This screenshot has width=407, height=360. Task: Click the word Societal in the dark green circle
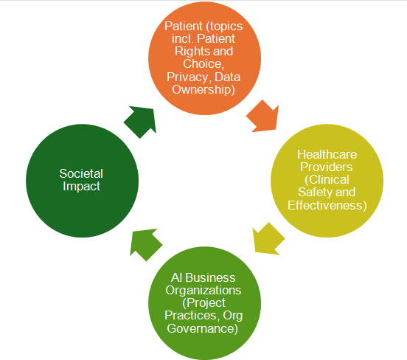pos(81,173)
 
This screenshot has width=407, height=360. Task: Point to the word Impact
pos(81,186)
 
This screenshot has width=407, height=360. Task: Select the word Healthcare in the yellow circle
pos(327,154)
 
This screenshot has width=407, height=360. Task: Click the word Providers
pos(327,167)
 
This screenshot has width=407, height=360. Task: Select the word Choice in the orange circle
pos(202,64)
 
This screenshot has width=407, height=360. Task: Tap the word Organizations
pos(204,291)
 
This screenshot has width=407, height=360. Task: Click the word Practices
pos(190,315)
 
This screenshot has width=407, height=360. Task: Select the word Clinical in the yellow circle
pos(330,180)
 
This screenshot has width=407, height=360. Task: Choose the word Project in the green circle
pos(206,303)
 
